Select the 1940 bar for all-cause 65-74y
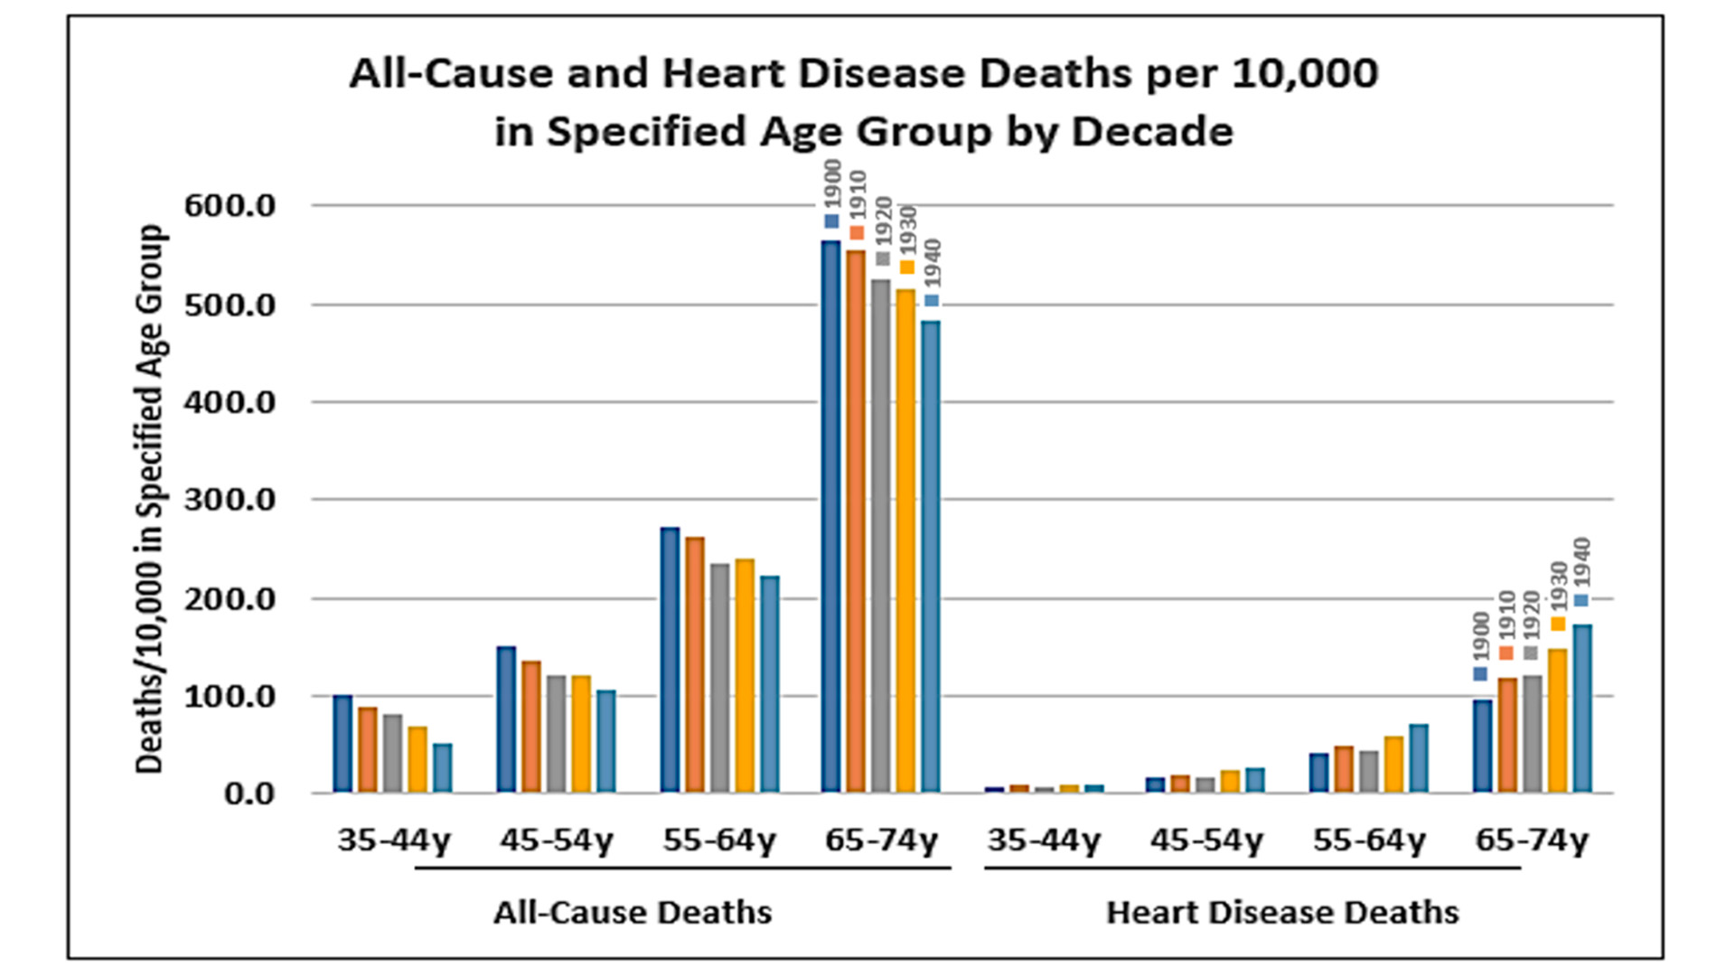pos(931,557)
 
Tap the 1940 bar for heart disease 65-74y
pos(1582,709)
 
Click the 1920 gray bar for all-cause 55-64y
pos(719,678)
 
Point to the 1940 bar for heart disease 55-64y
pos(1419,758)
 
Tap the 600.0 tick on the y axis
pos(230,206)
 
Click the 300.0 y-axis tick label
pos(230,500)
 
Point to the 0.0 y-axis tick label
pos(249,793)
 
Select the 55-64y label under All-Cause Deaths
pos(719,840)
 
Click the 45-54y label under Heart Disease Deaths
pos(1206,840)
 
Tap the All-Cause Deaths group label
pos(633,913)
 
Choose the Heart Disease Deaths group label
pos(1282,913)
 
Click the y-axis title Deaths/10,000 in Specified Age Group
pos(150,499)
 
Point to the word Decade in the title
pos(1152,132)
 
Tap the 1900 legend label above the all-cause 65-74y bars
pos(833,184)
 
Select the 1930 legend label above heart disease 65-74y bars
pos(1559,586)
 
